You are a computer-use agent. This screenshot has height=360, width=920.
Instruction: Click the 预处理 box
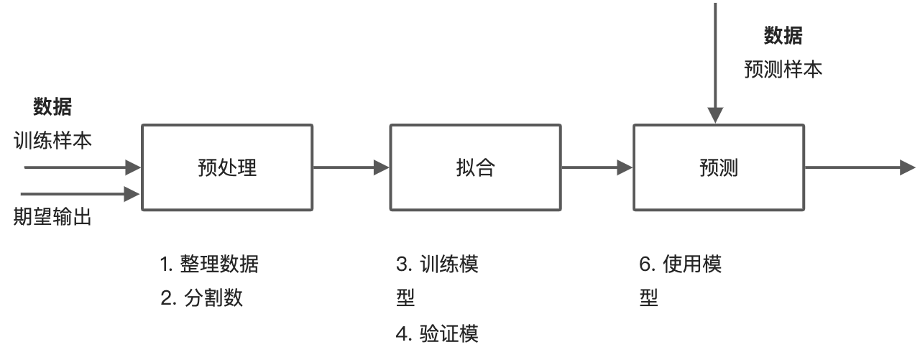pyautogui.click(x=227, y=167)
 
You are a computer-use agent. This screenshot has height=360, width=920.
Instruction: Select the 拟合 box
pyautogui.click(x=475, y=167)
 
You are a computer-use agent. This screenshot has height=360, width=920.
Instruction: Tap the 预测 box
pyautogui.click(x=719, y=167)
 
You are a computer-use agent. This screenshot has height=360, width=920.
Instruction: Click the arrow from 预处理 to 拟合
pyautogui.click(x=351, y=168)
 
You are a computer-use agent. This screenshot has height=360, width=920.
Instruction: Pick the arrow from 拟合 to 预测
pyautogui.click(x=597, y=168)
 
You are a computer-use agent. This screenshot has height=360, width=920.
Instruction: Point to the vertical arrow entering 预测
pyautogui.click(x=714, y=65)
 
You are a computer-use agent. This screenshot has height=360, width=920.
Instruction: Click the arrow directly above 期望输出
pyautogui.click(x=80, y=193)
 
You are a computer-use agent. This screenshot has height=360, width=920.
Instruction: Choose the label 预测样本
pyautogui.click(x=783, y=70)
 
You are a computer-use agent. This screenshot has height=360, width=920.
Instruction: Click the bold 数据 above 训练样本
pyautogui.click(x=52, y=107)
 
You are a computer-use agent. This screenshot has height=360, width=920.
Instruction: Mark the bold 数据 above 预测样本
pyautogui.click(x=783, y=35)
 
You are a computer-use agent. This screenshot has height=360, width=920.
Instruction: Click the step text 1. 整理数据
pyautogui.click(x=209, y=264)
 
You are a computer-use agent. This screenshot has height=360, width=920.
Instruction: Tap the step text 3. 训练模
pyautogui.click(x=438, y=264)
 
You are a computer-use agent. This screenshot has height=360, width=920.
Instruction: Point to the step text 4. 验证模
pyautogui.click(x=438, y=333)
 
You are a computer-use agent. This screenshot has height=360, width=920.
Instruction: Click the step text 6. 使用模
pyautogui.click(x=681, y=264)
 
